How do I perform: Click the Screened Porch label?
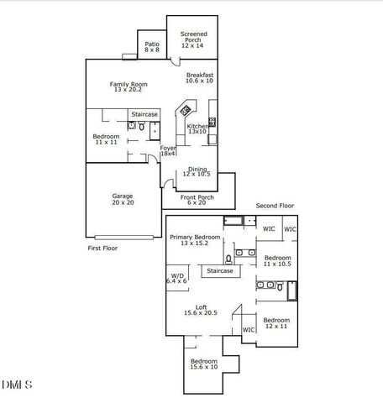(x=194, y=38)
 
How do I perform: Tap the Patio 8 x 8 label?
(x=152, y=47)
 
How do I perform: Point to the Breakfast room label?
(x=199, y=78)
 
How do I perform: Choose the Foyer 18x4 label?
(x=168, y=151)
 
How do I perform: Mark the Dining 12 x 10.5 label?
(x=197, y=171)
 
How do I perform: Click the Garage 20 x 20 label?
(x=123, y=199)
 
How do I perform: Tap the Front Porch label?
(x=197, y=199)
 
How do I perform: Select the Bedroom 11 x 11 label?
(x=107, y=139)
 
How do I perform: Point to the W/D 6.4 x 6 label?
(x=177, y=278)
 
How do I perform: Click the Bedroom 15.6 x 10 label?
(x=205, y=364)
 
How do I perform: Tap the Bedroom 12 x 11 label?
(x=276, y=323)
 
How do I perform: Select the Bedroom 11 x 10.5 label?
(x=277, y=260)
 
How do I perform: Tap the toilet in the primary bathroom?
(x=228, y=259)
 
